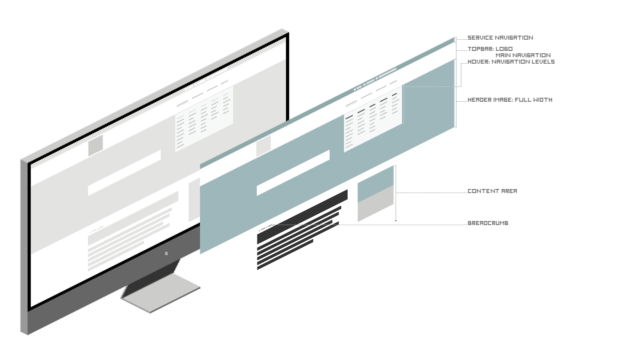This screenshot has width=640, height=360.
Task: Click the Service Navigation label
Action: (500, 38)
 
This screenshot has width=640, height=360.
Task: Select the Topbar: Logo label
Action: (490, 49)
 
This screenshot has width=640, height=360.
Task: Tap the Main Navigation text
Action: (523, 55)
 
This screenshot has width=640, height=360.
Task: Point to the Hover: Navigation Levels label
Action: (511, 62)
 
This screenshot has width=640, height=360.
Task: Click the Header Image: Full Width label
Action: (510, 100)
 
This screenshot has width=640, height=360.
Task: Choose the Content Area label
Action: (492, 191)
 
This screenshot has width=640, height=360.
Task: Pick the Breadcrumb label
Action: (488, 223)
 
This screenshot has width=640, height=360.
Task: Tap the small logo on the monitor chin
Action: (166, 253)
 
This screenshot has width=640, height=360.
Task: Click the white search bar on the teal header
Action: (293, 173)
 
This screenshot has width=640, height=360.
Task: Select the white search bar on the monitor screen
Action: (124, 173)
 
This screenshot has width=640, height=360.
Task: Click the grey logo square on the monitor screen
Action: (95, 145)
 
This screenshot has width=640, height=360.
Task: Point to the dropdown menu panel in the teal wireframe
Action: (373, 119)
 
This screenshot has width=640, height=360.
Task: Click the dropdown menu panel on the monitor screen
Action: (204, 119)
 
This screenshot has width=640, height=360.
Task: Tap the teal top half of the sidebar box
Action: (376, 184)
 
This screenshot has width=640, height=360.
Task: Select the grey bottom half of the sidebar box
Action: (376, 203)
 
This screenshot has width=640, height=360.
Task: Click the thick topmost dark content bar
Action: (302, 217)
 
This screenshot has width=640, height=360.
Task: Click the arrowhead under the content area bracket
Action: (396, 221)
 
